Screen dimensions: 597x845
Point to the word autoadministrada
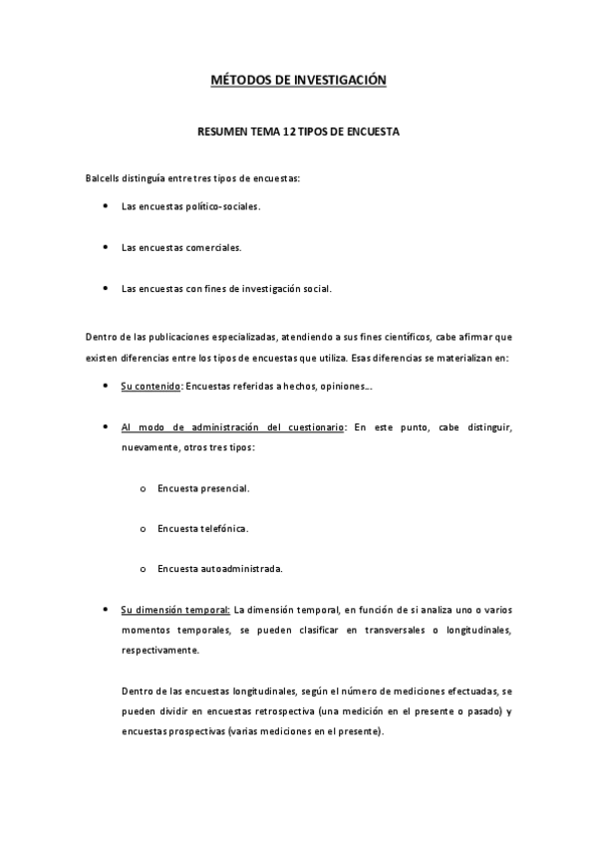(240, 569)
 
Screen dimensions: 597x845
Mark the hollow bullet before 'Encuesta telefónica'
(145, 528)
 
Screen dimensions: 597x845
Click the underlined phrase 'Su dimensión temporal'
(175, 609)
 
